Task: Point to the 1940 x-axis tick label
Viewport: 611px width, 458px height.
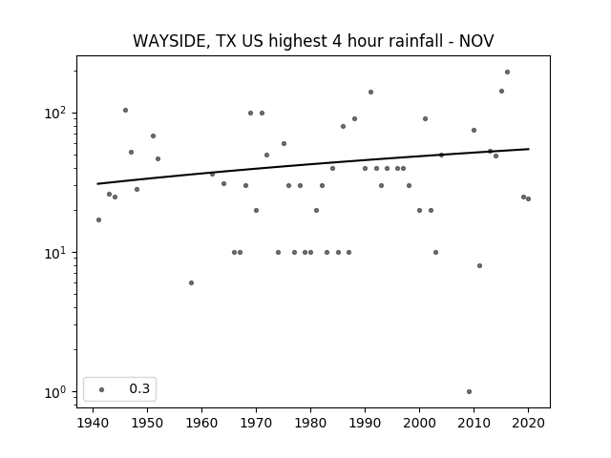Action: (93, 423)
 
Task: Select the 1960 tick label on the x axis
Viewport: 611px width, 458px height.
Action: (201, 423)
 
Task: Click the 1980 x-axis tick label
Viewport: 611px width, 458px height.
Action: (310, 423)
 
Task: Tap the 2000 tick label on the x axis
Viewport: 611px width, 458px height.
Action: (419, 423)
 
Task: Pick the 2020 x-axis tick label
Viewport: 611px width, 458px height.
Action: (528, 423)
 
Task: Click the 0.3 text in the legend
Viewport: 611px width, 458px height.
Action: (139, 388)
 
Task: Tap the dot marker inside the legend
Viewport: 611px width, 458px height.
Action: (102, 389)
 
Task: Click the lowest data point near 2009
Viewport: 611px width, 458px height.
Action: (469, 392)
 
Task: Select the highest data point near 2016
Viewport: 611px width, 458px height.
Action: (507, 73)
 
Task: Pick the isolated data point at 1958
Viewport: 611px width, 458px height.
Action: (191, 282)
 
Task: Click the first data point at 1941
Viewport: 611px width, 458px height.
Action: (99, 220)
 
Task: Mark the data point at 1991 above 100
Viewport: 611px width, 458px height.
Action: (371, 92)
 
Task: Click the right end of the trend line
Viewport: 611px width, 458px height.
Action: (529, 149)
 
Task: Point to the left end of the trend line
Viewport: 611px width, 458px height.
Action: (97, 184)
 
